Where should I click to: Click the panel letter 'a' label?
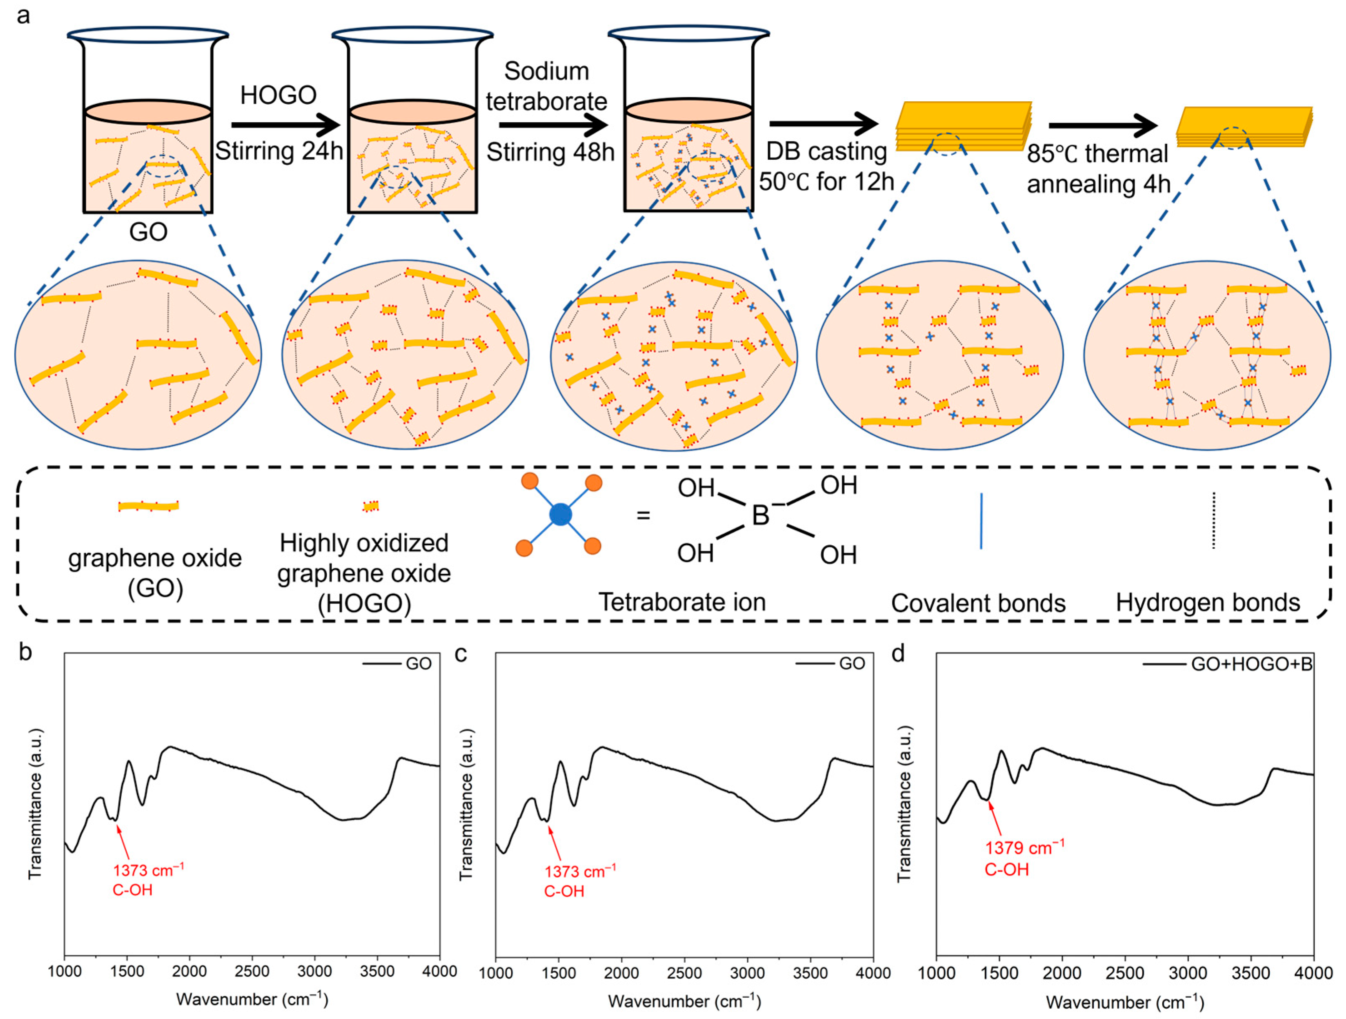(23, 16)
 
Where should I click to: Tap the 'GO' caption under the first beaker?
(148, 232)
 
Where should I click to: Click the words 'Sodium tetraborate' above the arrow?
(546, 86)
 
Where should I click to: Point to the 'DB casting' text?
(826, 152)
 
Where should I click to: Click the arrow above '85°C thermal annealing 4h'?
(1102, 125)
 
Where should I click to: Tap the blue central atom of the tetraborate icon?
(560, 515)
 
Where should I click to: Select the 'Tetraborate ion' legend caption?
(682, 602)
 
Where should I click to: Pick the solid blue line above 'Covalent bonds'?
(981, 520)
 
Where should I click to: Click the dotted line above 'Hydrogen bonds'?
(1213, 520)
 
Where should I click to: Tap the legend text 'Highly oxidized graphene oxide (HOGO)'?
(364, 573)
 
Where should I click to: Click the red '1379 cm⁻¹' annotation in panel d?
(1025, 847)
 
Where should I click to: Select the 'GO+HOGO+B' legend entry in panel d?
(1251, 664)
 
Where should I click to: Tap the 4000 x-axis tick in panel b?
(439, 971)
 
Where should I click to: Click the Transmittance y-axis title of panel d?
(904, 804)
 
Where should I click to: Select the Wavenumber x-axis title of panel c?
(684, 1001)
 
